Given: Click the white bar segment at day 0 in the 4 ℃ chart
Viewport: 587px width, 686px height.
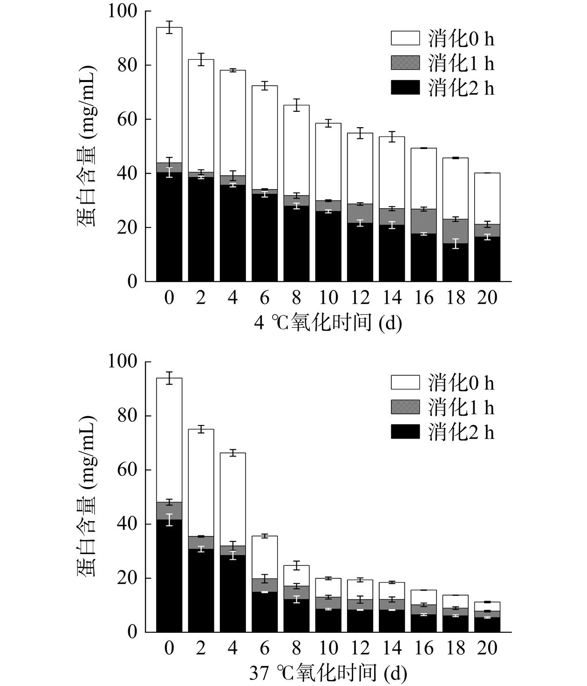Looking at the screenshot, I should [169, 93].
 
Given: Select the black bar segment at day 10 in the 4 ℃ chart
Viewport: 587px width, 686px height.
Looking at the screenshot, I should [328, 247].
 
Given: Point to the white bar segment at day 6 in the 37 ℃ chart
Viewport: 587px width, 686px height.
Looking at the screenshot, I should [265, 557].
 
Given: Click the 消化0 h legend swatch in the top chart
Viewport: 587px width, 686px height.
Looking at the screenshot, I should [405, 38].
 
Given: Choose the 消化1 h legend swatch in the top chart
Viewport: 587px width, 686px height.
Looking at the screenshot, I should [405, 63].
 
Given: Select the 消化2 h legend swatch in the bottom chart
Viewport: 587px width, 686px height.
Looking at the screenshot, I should [405, 432].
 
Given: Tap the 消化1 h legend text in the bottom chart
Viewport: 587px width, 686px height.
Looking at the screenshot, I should [461, 408].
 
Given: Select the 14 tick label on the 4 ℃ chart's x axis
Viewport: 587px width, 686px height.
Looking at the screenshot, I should [392, 297].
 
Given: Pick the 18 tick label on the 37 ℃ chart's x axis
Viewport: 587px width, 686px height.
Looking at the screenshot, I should [455, 648].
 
